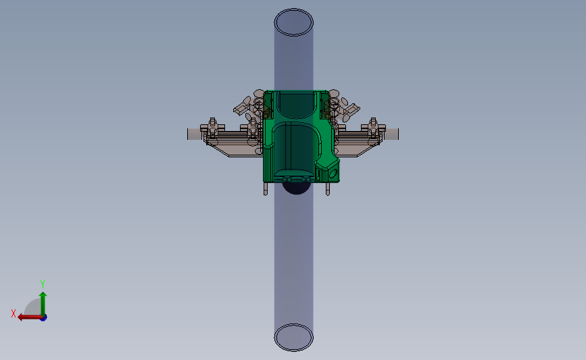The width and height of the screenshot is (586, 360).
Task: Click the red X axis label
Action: tap(14, 313)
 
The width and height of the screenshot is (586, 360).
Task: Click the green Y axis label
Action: tap(43, 284)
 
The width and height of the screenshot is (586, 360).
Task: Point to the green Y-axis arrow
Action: tap(43, 304)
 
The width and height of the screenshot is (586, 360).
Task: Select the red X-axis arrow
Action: tap(30, 317)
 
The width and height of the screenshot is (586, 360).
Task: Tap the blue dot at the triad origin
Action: tap(44, 318)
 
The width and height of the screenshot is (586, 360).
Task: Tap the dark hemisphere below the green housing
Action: tap(296, 188)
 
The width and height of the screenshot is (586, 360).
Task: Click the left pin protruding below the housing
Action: tap(266, 188)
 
